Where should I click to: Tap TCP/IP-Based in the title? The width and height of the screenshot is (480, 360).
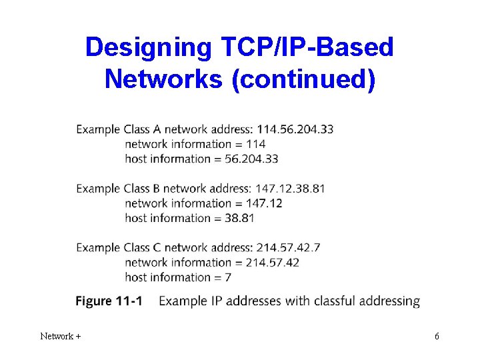tap(303, 47)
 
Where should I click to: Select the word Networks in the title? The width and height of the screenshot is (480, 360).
tap(163, 79)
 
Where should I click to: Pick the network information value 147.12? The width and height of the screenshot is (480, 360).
tap(264, 203)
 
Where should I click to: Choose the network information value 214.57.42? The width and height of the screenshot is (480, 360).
tap(272, 262)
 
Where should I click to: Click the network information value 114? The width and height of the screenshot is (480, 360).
tap(255, 144)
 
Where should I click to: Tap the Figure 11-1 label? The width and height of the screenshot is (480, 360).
tap(109, 301)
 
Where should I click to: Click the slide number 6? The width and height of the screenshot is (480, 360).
tap(437, 337)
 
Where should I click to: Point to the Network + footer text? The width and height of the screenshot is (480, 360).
tap(61, 337)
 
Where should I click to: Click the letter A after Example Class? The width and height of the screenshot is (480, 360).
tap(156, 129)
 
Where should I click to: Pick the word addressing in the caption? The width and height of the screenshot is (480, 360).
tap(389, 301)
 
